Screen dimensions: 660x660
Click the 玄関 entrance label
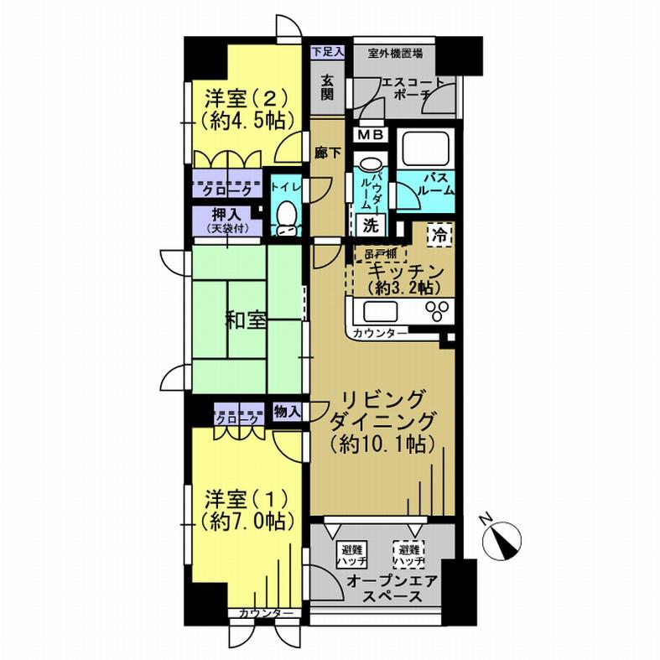pos(327,86)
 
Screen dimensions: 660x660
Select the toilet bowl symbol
pos(287,216)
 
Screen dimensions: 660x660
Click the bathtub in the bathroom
pos(428,148)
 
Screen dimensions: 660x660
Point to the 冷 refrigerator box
pos(438,235)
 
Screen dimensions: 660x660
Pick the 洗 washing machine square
pos(370,225)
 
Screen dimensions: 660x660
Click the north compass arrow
pos(506,538)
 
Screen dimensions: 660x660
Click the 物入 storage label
pos(287,412)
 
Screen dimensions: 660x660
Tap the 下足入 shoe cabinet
pos(328,52)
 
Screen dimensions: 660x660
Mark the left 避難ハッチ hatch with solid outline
pos(346,553)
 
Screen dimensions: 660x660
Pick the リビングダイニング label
pos(384,409)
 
